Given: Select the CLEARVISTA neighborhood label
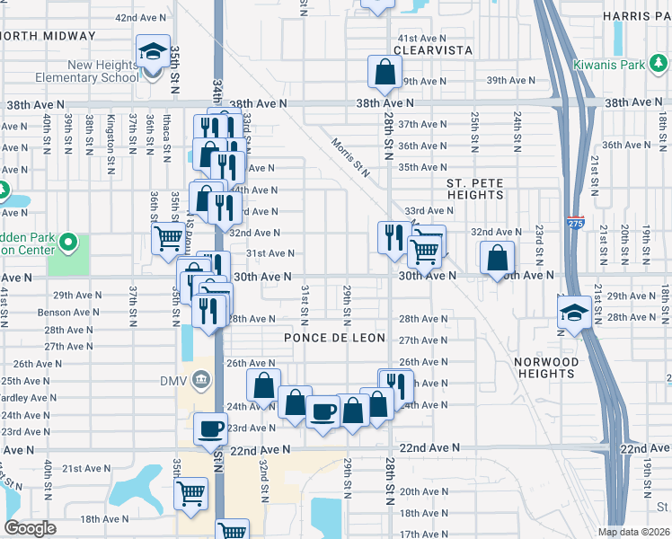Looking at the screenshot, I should (x=435, y=51).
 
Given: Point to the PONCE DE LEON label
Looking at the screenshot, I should (x=334, y=338).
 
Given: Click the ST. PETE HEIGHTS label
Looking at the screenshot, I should (x=475, y=189).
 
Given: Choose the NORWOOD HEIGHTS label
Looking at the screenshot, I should (x=546, y=367).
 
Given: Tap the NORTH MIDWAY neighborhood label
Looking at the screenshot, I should (x=48, y=36).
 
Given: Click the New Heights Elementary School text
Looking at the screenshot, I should (x=91, y=71).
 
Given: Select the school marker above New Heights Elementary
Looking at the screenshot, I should (x=153, y=51).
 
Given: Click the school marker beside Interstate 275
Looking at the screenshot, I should (x=572, y=313).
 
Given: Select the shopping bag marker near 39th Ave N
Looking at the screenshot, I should (x=385, y=74).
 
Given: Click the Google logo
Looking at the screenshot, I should (x=30, y=528).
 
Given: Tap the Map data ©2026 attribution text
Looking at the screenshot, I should (x=633, y=531).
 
